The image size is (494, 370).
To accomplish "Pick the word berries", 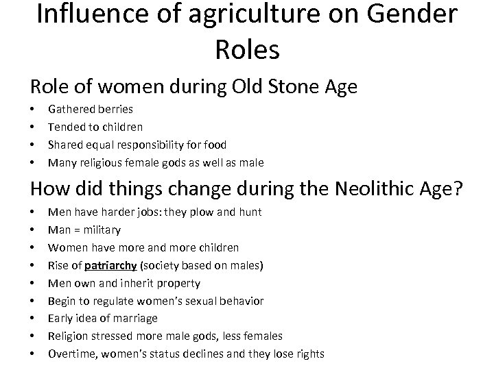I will click(116, 109).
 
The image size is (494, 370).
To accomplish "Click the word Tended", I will click(66, 127).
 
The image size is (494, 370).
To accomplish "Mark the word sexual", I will click(201, 301).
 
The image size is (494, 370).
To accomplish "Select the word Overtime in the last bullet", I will click(71, 354).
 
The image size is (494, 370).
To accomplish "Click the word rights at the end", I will click(309, 354).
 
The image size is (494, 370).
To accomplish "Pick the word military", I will click(102, 230).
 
